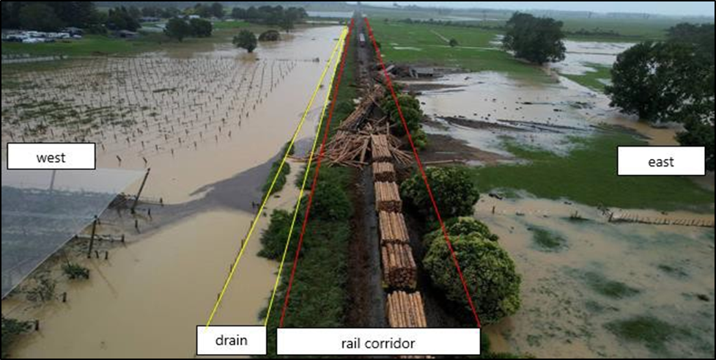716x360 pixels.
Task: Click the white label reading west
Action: point(51,156)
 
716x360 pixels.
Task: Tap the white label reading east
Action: point(660,161)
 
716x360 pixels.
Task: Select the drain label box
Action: point(231,340)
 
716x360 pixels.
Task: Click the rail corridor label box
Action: point(377,342)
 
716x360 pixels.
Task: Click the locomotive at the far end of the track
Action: point(361,38)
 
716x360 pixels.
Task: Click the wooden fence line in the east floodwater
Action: point(652,219)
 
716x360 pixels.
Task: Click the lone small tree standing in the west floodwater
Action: point(246,40)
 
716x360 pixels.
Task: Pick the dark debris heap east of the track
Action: point(407,72)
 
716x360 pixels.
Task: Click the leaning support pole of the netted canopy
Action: point(140,190)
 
